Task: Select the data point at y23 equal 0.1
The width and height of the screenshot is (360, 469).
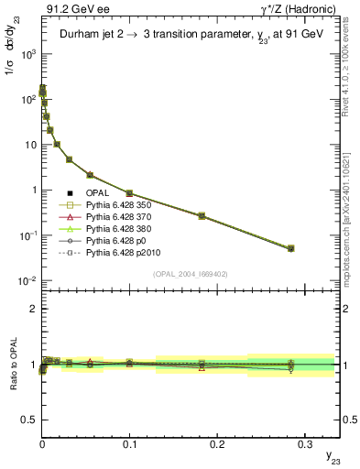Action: click(129, 193)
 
